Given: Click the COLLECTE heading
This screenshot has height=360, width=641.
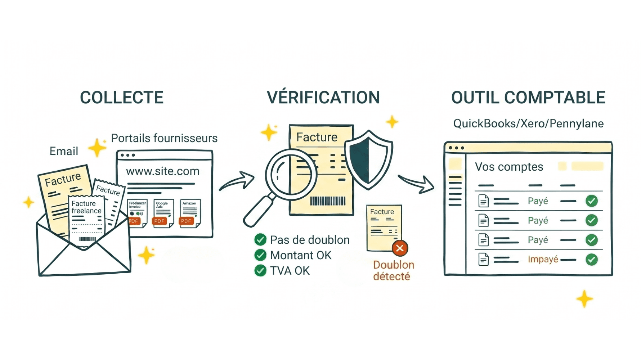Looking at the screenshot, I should point(122,98).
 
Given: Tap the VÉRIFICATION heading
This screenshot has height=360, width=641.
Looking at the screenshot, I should point(323,98).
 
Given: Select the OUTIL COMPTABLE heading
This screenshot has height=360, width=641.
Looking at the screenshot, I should point(528,98).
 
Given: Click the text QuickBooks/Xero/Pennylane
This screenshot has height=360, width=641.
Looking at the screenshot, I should point(528,123).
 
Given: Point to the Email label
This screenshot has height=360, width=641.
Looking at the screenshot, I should point(64,151).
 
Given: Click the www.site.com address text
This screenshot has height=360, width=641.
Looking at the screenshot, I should point(162,171).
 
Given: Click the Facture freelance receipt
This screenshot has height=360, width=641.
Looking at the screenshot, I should point(86,220).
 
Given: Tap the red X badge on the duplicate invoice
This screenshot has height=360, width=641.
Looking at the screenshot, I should point(400,248).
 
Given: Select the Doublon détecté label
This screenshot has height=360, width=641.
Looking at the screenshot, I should point(393,270).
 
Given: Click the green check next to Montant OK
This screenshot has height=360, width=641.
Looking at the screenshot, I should point(260,255).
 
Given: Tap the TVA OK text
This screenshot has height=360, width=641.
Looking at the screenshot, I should point(290,271).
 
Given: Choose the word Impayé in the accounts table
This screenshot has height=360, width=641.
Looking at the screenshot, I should point(543,259).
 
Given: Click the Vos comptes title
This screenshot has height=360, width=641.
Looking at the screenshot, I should point(509,167).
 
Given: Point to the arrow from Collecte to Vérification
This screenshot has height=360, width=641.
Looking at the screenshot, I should point(237,181).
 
